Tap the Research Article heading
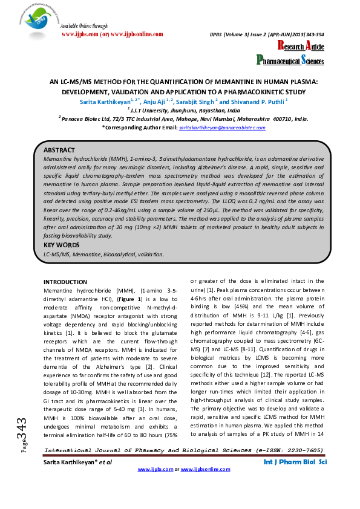301,47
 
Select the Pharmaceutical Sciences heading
290,60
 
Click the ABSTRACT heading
59,149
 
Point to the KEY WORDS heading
62,245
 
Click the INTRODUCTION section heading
67,282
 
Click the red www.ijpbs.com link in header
81,34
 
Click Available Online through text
85,26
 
